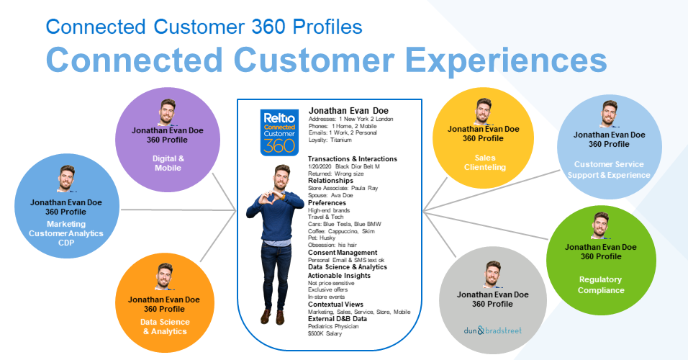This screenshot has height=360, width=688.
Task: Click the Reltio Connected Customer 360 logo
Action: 279,132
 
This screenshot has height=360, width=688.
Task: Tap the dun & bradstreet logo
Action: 493,330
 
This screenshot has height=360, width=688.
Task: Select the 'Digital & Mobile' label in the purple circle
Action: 168,163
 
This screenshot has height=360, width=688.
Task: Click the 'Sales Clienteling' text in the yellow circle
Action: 485,163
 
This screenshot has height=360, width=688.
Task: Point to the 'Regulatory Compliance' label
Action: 601,284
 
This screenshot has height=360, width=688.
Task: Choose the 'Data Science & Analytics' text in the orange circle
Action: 165,327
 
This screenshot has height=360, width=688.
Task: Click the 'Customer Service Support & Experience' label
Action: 609,169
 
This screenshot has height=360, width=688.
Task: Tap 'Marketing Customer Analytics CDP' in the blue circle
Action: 66,233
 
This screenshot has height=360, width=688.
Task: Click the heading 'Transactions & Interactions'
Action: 353,159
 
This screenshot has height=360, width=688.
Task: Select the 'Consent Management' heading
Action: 343,253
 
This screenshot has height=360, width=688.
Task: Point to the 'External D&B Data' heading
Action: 337,319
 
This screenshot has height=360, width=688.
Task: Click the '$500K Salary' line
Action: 325,333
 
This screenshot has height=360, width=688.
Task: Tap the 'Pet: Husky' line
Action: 322,238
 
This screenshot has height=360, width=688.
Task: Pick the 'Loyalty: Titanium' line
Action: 330,140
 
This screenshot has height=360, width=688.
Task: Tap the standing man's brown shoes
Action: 273,316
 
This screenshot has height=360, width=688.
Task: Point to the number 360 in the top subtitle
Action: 268,27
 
